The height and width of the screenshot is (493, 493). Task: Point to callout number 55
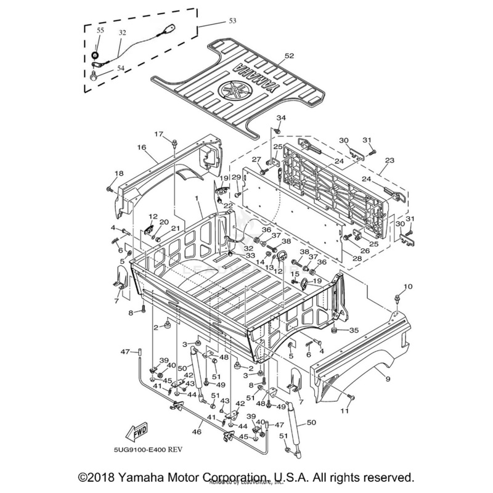(x=100, y=30)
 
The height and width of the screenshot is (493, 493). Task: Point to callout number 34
(x=280, y=118)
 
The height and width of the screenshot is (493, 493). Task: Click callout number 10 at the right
(x=407, y=287)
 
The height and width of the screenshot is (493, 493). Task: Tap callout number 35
(x=354, y=330)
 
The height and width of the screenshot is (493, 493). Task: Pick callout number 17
(x=158, y=134)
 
